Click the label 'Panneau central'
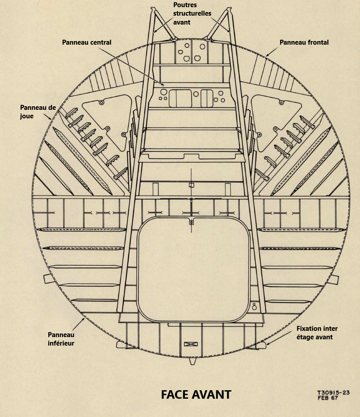tap(87, 42)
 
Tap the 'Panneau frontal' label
tap(304, 42)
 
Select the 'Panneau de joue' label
tap(38, 112)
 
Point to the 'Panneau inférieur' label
tap(61, 339)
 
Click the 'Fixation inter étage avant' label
tap(317, 333)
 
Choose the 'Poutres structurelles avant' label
tap(192, 13)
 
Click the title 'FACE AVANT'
tap(196, 395)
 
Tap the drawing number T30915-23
tap(333, 393)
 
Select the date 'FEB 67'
tap(327, 398)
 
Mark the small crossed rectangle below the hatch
tap(191, 344)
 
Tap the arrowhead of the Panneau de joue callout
tap(51, 118)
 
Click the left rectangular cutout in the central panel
tap(180, 98)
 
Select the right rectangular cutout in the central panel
tap(207, 98)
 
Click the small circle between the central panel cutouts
tap(196, 94)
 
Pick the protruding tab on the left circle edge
tap(47, 279)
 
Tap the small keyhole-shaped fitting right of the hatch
tap(254, 307)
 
